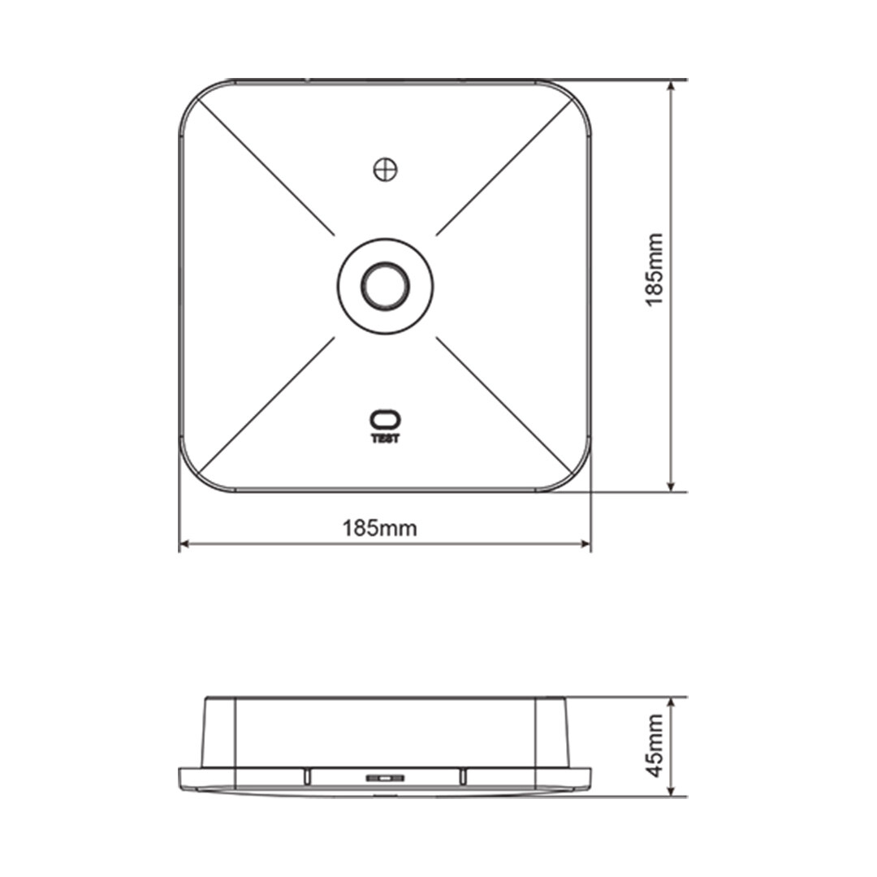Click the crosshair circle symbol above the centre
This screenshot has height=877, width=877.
tap(386, 169)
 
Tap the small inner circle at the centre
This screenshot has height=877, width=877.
tap(386, 287)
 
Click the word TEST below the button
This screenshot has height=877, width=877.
tap(386, 439)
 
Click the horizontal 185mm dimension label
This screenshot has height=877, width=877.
tap(380, 528)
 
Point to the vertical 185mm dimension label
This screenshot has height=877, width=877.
tap(654, 270)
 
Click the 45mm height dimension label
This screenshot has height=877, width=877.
tap(654, 745)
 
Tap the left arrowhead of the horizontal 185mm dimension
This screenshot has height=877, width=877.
tap(184, 543)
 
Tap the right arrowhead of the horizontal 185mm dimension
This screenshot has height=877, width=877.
tap(585, 543)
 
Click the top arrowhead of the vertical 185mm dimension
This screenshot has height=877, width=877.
tap(672, 86)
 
